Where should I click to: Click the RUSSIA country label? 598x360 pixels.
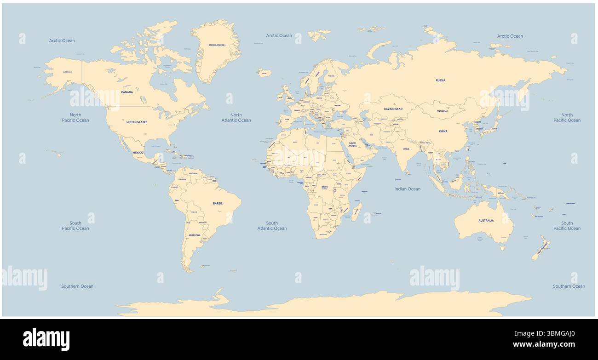pos(440,80)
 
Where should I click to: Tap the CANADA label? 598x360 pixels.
pos(127,92)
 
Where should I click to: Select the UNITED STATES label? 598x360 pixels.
pos(137,122)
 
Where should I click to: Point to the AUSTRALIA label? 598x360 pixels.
pos(486,220)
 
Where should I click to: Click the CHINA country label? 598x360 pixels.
pos(443,131)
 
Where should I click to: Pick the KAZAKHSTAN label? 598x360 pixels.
pos(393,109)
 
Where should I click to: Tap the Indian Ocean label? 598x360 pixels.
pos(407,189)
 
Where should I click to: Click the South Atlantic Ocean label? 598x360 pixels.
pos(272,226)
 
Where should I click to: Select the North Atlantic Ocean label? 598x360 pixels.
pos(236,118)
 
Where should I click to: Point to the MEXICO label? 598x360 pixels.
pos(138,152)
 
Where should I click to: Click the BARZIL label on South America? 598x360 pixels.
pos(218,203)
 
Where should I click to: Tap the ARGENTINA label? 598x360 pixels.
pos(195,235)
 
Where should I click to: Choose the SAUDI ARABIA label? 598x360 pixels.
pos(352,144)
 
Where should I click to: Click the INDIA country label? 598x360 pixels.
pos(406,149)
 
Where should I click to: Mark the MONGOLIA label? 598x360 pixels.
pos(442,111)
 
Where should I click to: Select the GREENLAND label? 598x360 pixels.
pos(217,45)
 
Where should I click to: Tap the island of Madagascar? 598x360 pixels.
pos(356,211)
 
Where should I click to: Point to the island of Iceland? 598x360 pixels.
pos(264,72)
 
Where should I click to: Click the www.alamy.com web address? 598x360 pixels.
pos(544,344)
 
